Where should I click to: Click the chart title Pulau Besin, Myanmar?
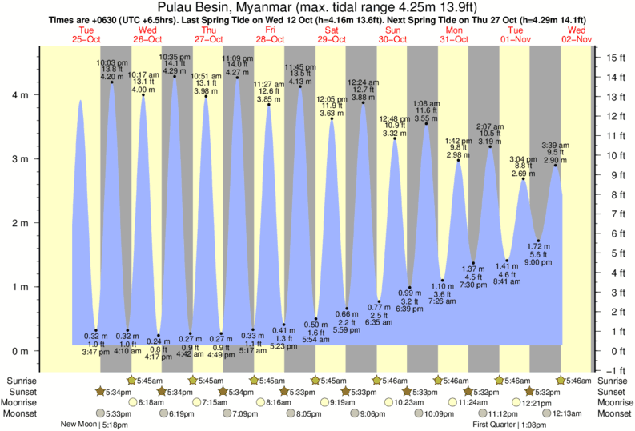(317, 7)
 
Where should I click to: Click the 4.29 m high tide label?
(174, 71)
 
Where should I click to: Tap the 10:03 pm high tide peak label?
(111, 62)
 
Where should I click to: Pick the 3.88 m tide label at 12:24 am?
(362, 97)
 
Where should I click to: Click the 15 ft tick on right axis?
(612, 57)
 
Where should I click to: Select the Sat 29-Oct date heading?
(331, 38)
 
